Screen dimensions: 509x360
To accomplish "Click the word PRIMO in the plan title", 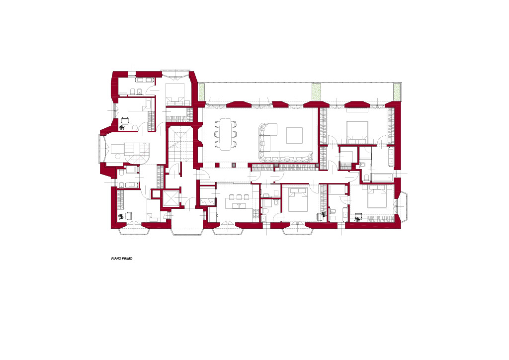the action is pyautogui.click(x=128, y=259).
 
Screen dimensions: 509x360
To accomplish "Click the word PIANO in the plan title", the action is pyautogui.click(x=116, y=259).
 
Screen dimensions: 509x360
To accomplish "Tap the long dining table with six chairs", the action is pyautogui.click(x=225, y=134).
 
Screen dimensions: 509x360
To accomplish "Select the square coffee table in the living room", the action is pyautogui.click(x=294, y=135).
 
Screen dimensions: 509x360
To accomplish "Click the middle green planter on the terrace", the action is pyautogui.click(x=316, y=92).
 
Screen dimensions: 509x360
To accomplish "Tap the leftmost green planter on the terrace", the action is pyautogui.click(x=201, y=92).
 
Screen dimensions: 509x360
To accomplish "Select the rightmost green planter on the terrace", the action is pyautogui.click(x=396, y=92).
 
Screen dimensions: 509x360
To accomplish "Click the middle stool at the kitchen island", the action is pyautogui.click(x=239, y=197).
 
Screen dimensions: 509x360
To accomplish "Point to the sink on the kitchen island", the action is pyautogui.click(x=239, y=205).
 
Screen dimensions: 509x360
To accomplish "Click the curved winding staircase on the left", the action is pyautogui.click(x=136, y=153).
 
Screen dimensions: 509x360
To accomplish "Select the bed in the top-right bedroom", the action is pyautogui.click(x=357, y=132).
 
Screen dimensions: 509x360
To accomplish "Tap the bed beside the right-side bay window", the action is pyautogui.click(x=378, y=197).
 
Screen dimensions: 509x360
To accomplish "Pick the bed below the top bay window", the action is pyautogui.click(x=175, y=94).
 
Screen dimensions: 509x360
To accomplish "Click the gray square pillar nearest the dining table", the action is pyautogui.click(x=233, y=165).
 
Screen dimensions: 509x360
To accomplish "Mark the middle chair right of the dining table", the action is pyautogui.click(x=234, y=134).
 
